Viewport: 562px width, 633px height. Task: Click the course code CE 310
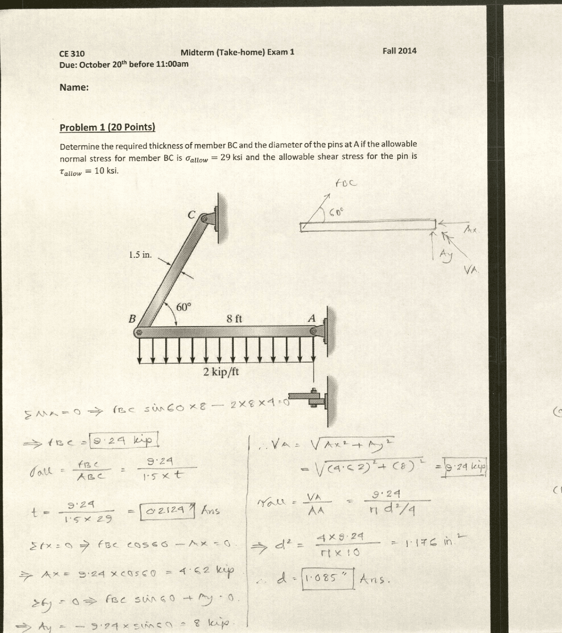click(x=72, y=54)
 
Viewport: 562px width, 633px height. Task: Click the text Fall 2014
click(x=399, y=50)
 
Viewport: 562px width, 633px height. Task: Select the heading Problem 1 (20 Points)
click(x=107, y=127)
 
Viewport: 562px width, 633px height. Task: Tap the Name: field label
click(x=74, y=87)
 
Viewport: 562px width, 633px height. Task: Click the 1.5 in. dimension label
click(x=140, y=255)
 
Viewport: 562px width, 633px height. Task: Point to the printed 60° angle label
click(x=184, y=307)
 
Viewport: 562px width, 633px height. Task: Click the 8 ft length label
click(x=234, y=319)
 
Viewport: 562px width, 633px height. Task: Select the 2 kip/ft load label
click(x=221, y=372)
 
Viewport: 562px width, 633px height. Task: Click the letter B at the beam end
click(x=132, y=319)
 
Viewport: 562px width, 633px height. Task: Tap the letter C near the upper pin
click(x=191, y=215)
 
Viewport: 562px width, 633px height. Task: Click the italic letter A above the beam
click(x=312, y=318)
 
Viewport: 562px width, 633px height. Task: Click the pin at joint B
click(x=139, y=333)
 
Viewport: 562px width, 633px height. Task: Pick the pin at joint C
click(x=204, y=218)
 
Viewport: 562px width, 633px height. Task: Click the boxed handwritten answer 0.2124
click(x=167, y=511)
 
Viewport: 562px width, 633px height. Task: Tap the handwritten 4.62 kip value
click(x=206, y=571)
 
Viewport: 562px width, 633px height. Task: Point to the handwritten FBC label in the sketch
click(x=346, y=183)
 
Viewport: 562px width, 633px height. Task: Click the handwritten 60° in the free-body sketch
click(x=337, y=212)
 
